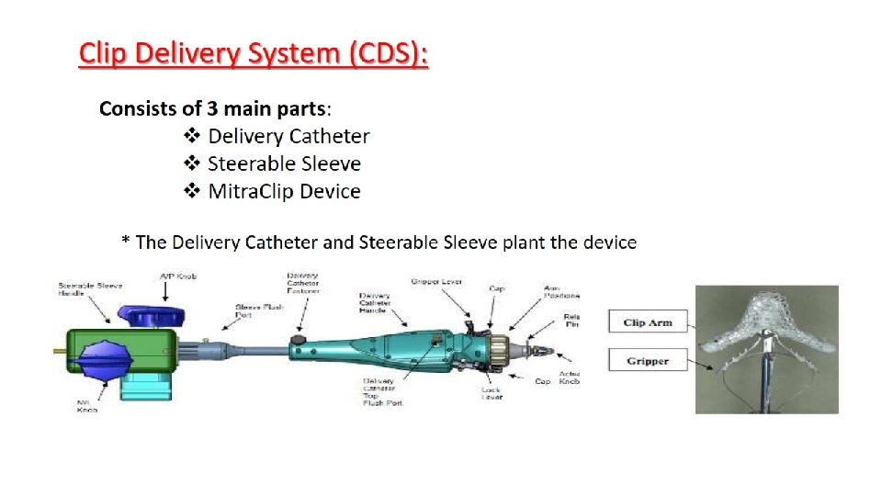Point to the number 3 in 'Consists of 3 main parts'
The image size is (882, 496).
pos(213,109)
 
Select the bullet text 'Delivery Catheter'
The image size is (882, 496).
pos(288,137)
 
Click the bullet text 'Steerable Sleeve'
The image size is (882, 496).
pos(284,164)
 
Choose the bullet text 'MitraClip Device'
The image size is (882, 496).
pos(284,192)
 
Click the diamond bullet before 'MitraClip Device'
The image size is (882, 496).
pos(192,192)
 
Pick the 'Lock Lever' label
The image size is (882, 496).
pos(492,394)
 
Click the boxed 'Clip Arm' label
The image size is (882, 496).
pos(647,322)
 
